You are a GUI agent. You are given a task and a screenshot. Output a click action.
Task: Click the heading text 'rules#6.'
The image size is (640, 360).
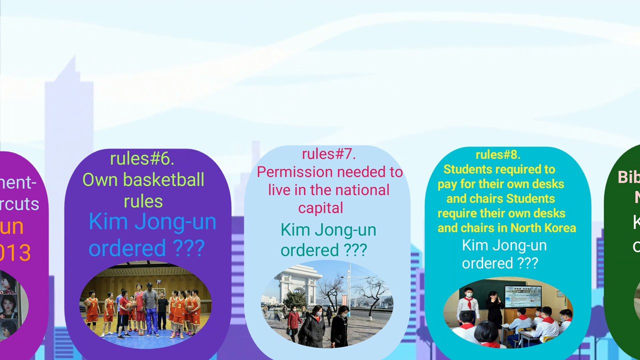[x=142, y=159]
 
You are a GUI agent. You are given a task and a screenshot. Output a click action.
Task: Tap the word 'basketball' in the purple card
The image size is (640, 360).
[x=168, y=180]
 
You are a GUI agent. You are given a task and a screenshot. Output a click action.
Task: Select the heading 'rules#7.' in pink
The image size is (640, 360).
[x=328, y=154]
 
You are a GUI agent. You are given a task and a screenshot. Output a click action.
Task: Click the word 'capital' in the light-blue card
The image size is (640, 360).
[x=320, y=208]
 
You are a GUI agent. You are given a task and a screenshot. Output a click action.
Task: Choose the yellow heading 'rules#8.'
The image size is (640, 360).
[x=497, y=155]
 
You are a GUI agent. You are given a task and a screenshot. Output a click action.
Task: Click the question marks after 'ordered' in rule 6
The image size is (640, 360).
[x=188, y=248]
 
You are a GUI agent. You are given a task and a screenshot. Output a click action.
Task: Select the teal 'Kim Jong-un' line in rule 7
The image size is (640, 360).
[x=328, y=230]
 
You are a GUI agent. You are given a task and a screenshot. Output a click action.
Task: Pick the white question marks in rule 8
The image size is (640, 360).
[x=523, y=263]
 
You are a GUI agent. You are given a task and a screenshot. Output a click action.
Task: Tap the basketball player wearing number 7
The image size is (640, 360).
[x=92, y=310]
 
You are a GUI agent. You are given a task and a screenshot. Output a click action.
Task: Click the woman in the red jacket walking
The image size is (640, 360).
[x=294, y=322]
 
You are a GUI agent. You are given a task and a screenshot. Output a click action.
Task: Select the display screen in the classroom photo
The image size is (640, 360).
[x=522, y=296]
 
